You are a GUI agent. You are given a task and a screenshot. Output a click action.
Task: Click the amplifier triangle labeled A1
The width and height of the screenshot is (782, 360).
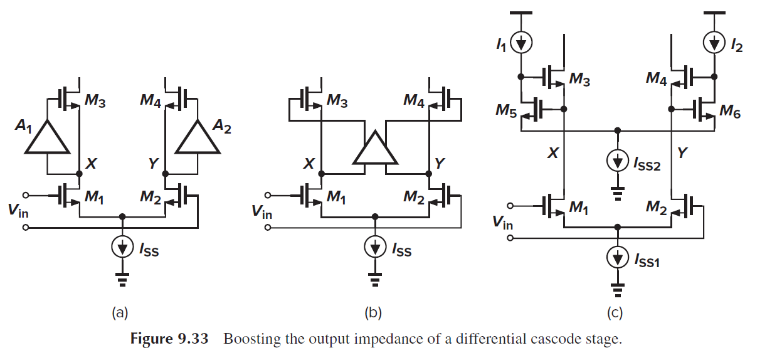[47, 137]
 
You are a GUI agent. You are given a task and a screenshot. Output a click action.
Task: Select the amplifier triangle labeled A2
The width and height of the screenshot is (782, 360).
[198, 137]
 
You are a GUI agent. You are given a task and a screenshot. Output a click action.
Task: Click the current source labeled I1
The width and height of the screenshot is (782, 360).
[521, 42]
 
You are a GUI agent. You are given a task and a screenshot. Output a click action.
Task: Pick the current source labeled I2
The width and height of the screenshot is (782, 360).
[714, 42]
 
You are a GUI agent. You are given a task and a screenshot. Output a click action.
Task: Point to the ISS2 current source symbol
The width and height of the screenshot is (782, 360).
[618, 162]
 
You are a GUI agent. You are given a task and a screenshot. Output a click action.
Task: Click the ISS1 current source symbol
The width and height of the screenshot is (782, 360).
[618, 257]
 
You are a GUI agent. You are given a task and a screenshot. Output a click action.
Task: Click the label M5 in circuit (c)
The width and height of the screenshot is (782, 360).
[505, 110]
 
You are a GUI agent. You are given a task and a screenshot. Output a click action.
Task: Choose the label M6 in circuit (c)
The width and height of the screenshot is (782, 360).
[729, 110]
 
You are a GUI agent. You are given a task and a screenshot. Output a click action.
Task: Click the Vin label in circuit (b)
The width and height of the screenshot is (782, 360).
[262, 212]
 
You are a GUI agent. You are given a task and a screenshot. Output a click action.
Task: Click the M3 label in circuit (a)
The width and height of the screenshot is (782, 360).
[95, 102]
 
